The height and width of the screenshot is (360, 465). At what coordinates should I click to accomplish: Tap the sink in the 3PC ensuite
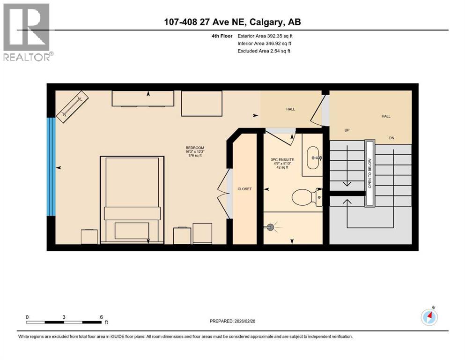click(312, 158)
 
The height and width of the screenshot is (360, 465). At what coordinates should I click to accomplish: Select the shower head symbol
click(271, 227)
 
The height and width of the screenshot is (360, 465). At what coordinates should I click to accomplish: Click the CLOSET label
click(244, 189)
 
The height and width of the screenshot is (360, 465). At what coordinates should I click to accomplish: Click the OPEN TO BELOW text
click(369, 172)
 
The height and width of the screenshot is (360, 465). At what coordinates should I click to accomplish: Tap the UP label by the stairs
click(347, 130)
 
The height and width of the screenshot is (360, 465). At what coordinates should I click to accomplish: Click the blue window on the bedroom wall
click(51, 166)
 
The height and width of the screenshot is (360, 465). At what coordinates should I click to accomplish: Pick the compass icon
click(429, 317)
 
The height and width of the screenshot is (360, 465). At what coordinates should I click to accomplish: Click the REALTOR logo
click(27, 32)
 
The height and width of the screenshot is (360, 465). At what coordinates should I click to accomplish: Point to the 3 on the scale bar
click(63, 317)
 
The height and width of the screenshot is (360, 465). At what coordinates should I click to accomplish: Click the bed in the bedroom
click(132, 199)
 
